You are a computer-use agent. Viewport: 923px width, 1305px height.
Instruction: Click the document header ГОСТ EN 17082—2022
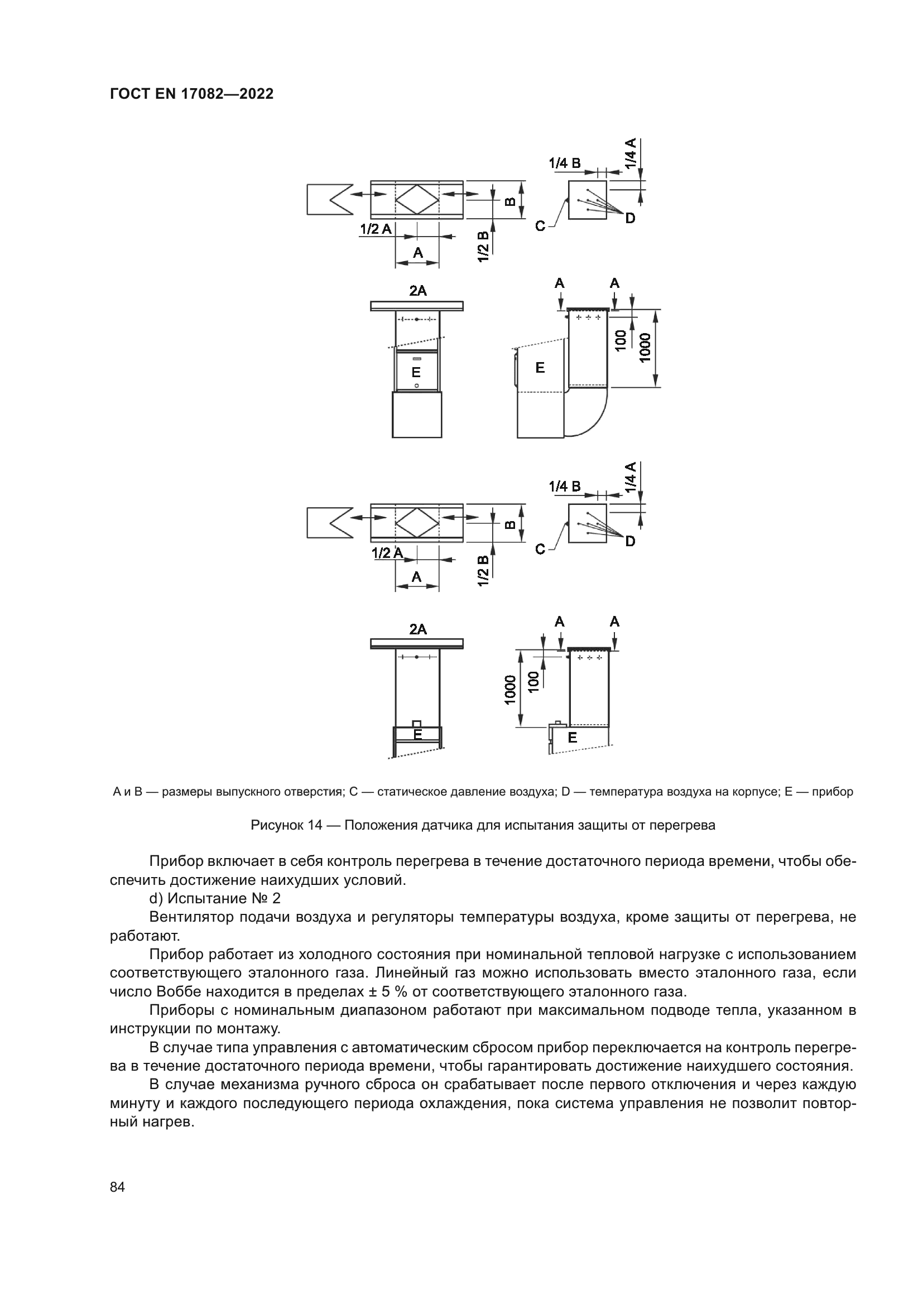click(191, 94)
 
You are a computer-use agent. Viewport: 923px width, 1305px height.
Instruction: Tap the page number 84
click(117, 1187)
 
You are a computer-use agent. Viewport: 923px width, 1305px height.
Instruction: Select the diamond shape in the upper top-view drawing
click(417, 200)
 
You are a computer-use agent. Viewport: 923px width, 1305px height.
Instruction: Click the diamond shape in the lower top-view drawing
click(417, 522)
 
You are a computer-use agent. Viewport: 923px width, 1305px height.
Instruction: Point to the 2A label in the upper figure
click(418, 291)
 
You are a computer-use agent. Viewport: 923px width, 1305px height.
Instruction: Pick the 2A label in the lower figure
click(418, 629)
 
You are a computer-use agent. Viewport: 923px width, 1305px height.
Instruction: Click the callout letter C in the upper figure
click(540, 226)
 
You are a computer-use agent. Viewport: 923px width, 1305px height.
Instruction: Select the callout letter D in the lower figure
click(629, 542)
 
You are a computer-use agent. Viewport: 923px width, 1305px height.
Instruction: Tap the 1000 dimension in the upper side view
click(645, 346)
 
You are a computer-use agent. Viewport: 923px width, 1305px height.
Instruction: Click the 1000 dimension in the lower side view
click(510, 690)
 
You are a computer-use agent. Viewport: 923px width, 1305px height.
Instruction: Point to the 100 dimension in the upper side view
click(621, 339)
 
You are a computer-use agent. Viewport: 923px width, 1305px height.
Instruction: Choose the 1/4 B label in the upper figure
click(564, 163)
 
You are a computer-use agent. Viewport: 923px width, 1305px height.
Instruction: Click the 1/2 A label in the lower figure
click(387, 552)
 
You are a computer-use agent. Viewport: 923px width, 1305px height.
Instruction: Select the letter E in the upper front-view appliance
click(416, 372)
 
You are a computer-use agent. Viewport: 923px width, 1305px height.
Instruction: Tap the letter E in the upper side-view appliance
click(540, 368)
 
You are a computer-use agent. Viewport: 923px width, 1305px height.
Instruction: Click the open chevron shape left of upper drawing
click(330, 199)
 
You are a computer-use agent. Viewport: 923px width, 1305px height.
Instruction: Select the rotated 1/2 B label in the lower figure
click(484, 571)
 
